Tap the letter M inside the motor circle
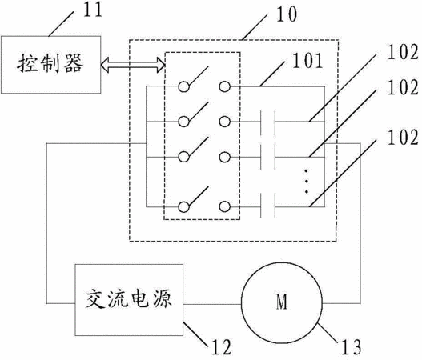[282, 302]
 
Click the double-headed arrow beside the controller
[133, 65]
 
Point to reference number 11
[93, 10]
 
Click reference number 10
[287, 14]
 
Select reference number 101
[307, 61]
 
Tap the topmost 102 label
[403, 52]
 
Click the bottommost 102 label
[403, 138]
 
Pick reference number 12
[222, 347]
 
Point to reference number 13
[352, 347]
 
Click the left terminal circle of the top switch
[184, 86]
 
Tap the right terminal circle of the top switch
[225, 86]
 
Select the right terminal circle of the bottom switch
[225, 206]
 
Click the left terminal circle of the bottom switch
[184, 206]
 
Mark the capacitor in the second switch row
[267, 122]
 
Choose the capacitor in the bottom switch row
[267, 206]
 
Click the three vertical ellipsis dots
[306, 181]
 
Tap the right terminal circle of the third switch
[225, 157]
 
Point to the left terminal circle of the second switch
[184, 122]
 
